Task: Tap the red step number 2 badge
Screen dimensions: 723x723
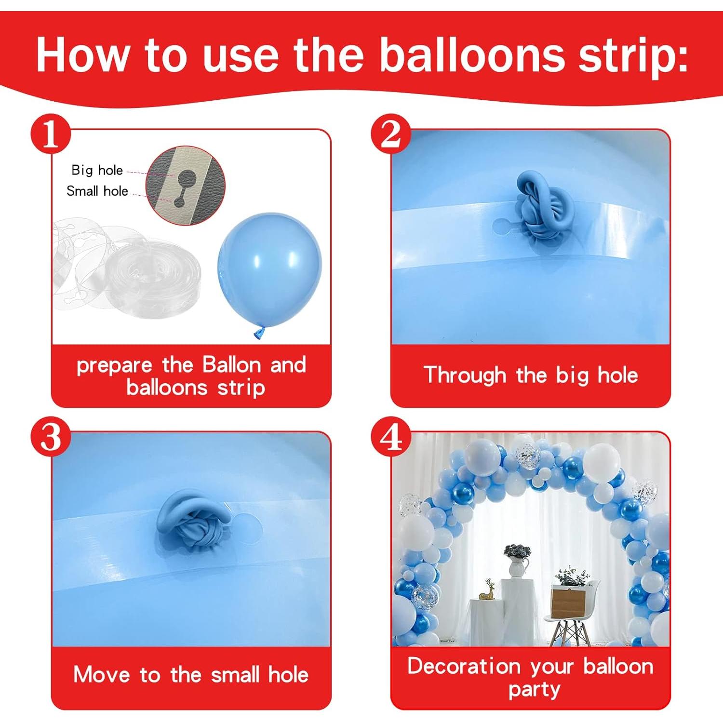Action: [x=390, y=134]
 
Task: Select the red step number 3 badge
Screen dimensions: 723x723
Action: [x=51, y=436]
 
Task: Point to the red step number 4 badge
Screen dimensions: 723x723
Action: [x=390, y=436]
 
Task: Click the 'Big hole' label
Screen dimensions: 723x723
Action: [x=97, y=170]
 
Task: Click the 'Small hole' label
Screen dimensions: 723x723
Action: [x=97, y=191]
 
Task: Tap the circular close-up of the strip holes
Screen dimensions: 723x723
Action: [x=186, y=186]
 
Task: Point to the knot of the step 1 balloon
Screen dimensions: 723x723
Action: [x=259, y=333]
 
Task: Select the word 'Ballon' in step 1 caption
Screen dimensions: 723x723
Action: [x=231, y=365]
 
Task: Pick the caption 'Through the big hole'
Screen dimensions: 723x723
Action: [x=531, y=375]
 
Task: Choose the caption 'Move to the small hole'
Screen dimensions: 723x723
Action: [x=191, y=674]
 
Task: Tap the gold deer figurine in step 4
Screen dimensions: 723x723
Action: [x=488, y=590]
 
